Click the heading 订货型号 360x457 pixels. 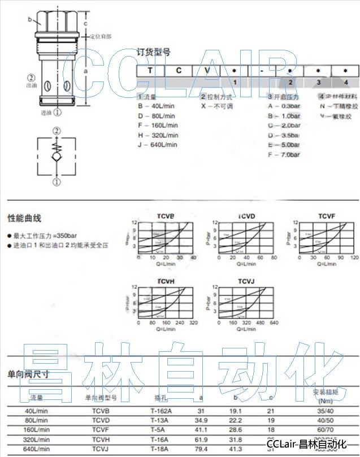[153, 53]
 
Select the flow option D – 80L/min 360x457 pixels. [158, 115]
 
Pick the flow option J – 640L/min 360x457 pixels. [158, 144]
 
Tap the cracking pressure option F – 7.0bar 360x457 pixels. [284, 154]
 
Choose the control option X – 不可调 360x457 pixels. [218, 106]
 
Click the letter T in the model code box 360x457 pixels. [150, 71]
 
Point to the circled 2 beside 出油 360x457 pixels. [32, 77]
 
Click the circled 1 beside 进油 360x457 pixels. [57, 112]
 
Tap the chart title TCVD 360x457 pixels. [246, 216]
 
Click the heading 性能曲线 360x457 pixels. [24, 218]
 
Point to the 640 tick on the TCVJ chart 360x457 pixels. [274, 323]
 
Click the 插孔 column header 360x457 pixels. [161, 398]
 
